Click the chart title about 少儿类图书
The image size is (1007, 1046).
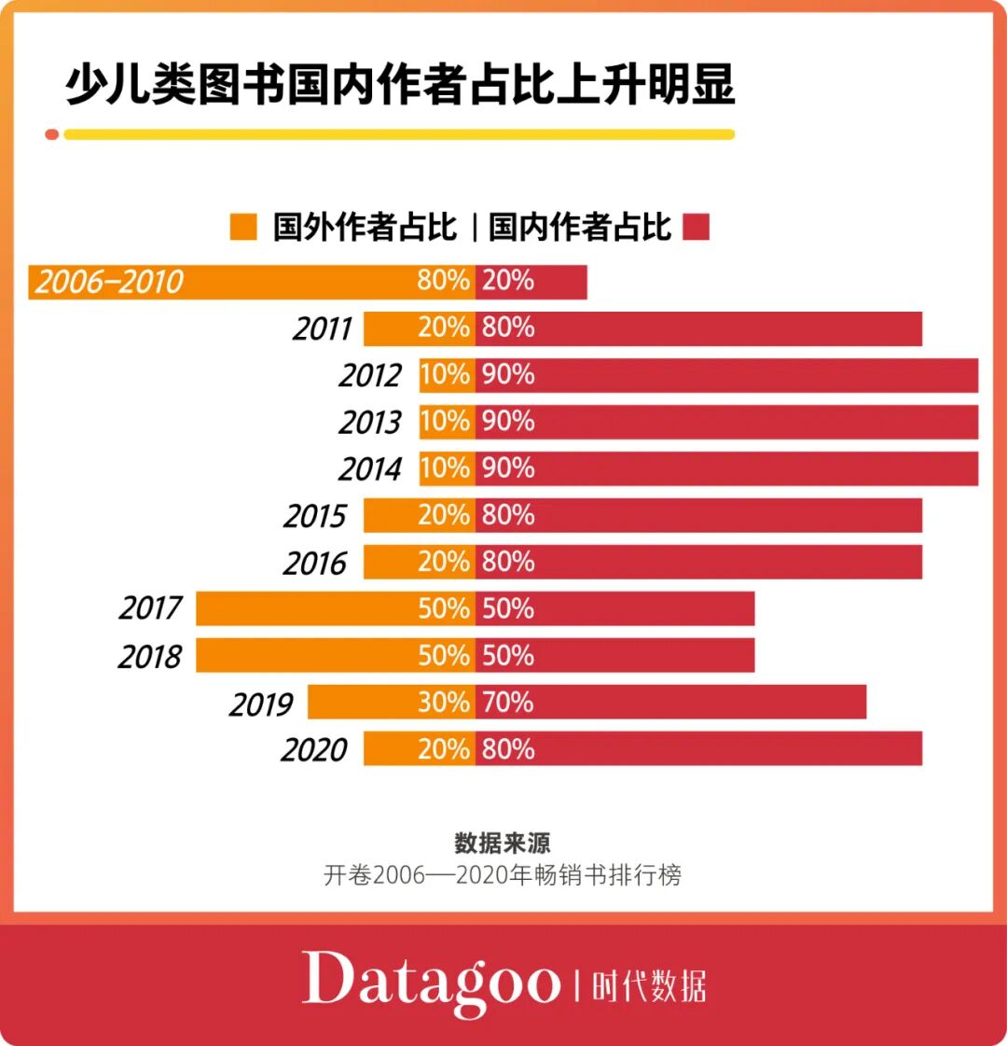tap(399, 84)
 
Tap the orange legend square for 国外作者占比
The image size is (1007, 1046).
tap(243, 227)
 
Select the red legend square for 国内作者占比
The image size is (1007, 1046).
tap(697, 227)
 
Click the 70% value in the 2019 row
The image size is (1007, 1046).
tap(508, 702)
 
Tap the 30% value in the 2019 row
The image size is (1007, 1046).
tap(444, 702)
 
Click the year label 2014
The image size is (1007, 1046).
tap(370, 469)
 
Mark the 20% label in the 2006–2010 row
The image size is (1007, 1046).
tap(508, 281)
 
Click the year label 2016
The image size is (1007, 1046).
tap(315, 563)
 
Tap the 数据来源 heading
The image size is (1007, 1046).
tap(503, 843)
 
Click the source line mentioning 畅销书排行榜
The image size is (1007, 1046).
tap(503, 875)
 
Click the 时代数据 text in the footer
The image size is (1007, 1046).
tap(649, 986)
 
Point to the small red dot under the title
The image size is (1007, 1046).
tap(52, 134)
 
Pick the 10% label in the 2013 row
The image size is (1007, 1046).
tap(445, 422)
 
